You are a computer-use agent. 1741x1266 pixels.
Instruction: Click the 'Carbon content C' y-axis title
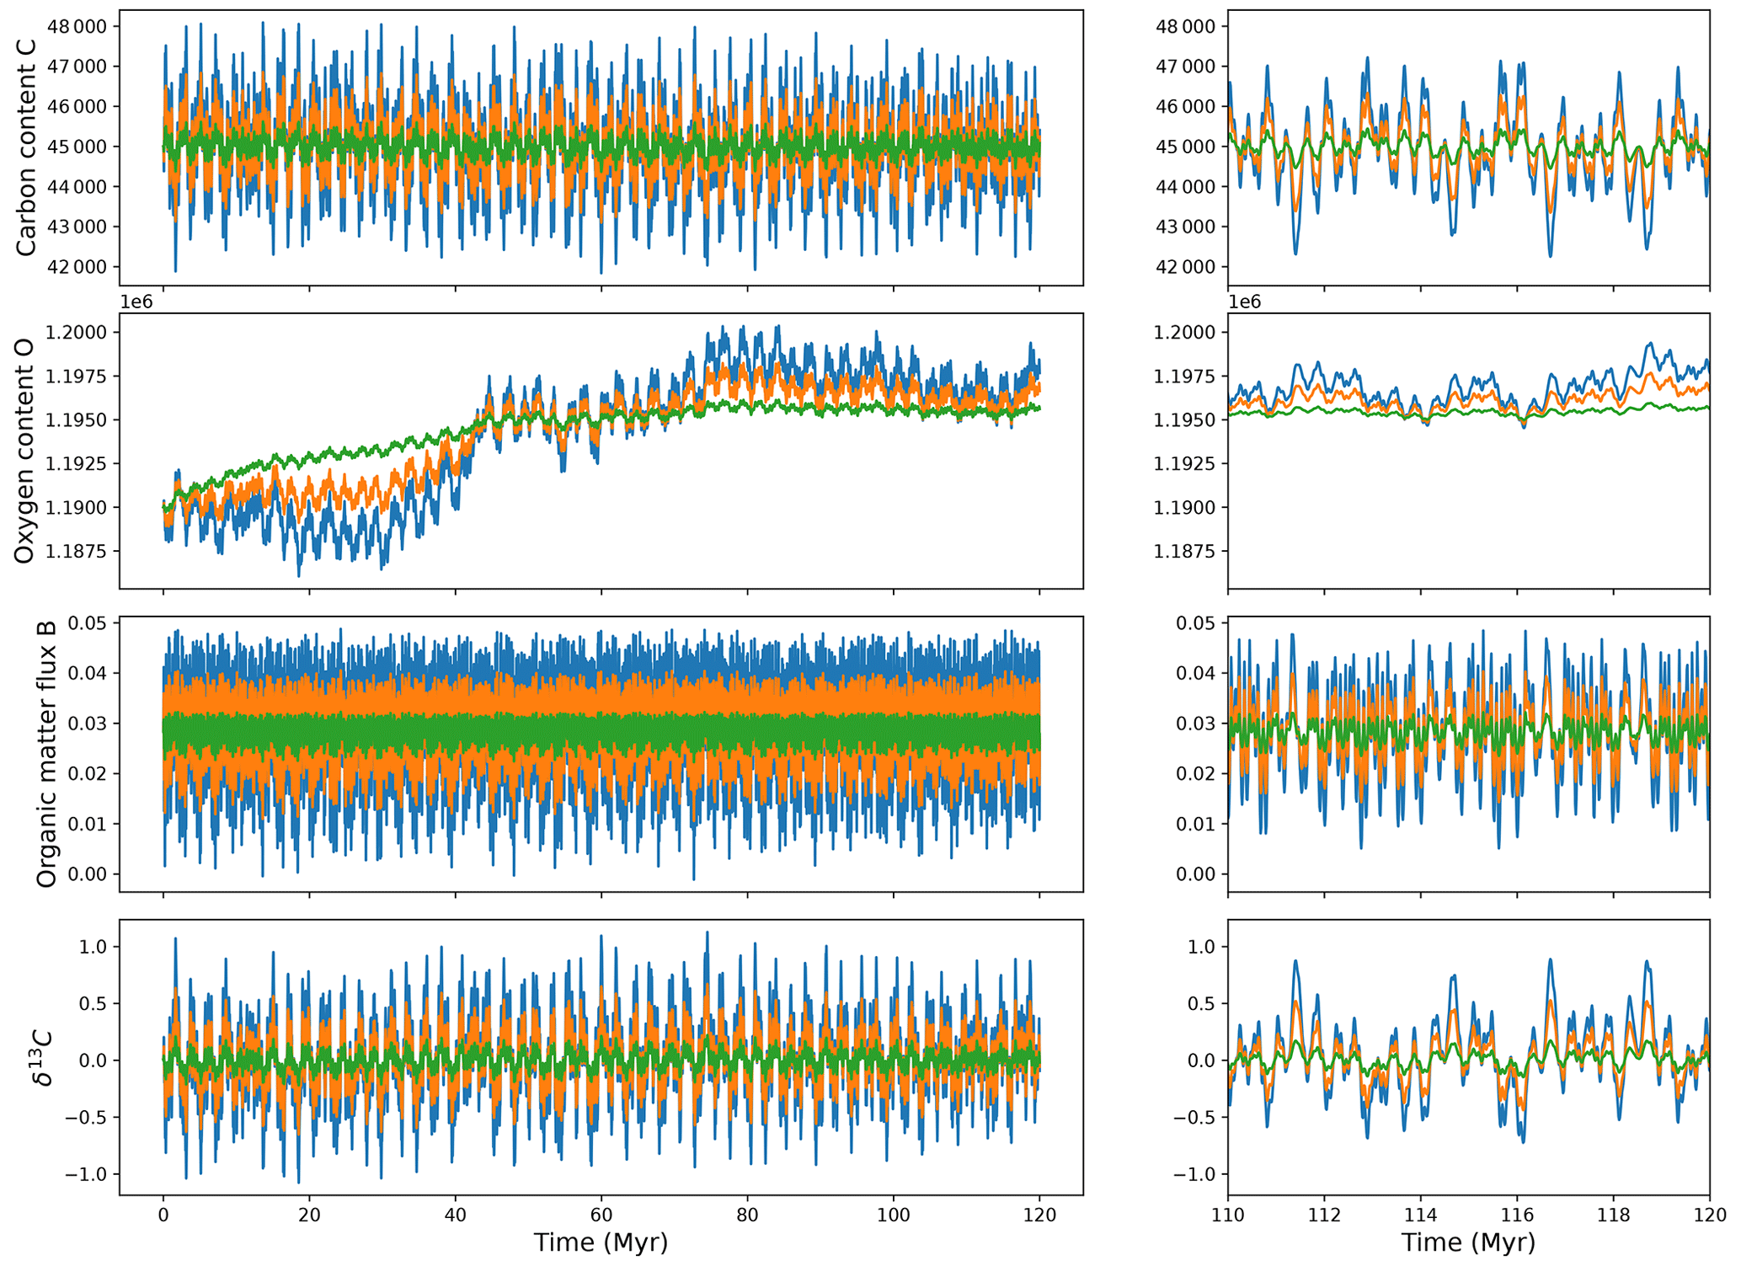click(x=26, y=147)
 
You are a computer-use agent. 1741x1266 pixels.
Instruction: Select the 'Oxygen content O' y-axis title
click(x=24, y=451)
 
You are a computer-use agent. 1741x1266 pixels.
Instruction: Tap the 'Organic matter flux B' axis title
click(x=46, y=754)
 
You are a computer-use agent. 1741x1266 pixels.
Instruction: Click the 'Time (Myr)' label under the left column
click(x=601, y=1242)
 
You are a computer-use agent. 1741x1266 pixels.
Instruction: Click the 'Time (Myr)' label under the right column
click(x=1468, y=1242)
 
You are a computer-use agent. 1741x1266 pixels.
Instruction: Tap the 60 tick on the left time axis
click(x=601, y=1215)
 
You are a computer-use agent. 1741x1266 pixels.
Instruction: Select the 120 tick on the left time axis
click(x=1039, y=1215)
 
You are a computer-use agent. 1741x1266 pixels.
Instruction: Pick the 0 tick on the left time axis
click(x=163, y=1215)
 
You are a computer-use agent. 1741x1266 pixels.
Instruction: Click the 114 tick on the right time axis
click(x=1421, y=1215)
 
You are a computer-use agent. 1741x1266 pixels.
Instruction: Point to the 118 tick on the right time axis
click(x=1613, y=1215)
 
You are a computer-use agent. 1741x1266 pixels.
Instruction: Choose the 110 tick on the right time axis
click(x=1228, y=1215)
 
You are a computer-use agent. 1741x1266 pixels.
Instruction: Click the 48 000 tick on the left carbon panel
click(x=77, y=26)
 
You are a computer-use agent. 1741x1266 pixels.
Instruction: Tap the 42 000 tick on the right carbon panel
click(x=1185, y=267)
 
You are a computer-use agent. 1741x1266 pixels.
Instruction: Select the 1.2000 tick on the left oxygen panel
click(x=78, y=332)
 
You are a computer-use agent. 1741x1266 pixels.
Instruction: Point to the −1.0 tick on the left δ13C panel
click(x=90, y=1174)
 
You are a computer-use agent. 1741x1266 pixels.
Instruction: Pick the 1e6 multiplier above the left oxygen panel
click(x=136, y=302)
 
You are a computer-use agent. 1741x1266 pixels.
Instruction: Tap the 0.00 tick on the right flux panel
click(x=1196, y=874)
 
